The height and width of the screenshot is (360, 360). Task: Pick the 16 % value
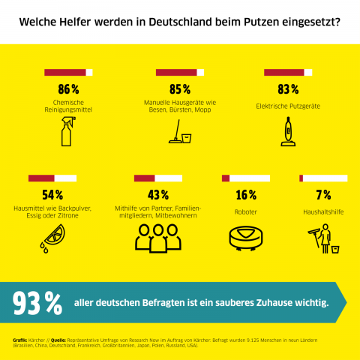(246, 194)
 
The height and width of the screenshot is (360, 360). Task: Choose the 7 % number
(323, 194)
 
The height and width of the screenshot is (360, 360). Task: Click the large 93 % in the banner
(38, 302)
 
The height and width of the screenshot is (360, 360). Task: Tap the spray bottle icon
(67, 132)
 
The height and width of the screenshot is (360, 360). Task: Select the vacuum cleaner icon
(287, 132)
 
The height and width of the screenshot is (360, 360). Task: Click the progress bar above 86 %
(68, 73)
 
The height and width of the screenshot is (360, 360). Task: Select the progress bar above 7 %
(323, 178)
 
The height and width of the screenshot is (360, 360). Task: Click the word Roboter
(246, 212)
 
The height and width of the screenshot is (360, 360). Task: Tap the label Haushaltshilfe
(323, 212)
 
